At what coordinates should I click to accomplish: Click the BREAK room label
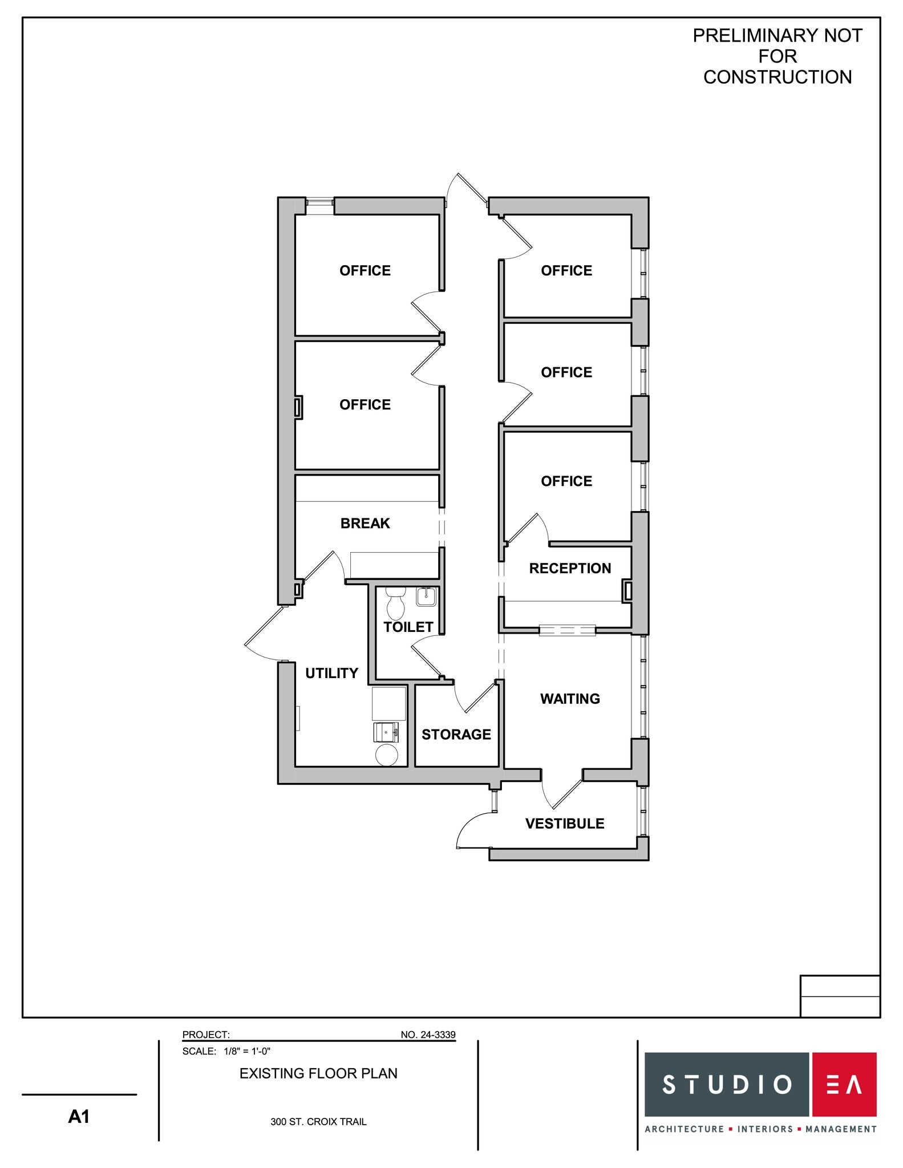(365, 524)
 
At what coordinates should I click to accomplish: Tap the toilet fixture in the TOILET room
(395, 605)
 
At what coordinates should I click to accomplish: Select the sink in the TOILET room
(426, 597)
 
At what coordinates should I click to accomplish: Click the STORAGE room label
(456, 735)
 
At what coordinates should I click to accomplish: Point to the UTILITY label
(331, 674)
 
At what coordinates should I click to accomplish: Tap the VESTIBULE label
(565, 824)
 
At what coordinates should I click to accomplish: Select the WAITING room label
(570, 699)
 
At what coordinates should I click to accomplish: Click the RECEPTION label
(570, 569)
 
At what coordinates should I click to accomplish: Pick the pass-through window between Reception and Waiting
(567, 630)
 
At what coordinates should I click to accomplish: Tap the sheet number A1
(79, 1117)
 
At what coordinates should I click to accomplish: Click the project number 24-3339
(428, 1035)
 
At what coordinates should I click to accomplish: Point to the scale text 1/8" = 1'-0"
(247, 1052)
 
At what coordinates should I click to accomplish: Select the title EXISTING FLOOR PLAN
(318, 1074)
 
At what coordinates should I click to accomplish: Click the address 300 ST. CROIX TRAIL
(318, 1122)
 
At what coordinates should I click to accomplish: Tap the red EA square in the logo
(843, 1084)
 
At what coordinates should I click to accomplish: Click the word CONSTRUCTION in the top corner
(777, 77)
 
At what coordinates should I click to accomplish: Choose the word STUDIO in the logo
(727, 1084)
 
